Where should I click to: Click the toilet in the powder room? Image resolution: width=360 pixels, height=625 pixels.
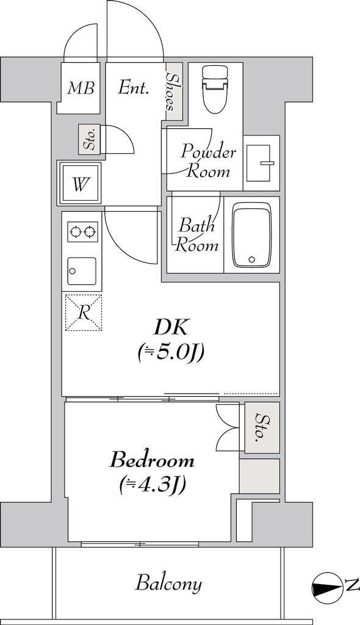(x=215, y=89)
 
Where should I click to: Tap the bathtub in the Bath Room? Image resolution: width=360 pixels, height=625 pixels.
(x=251, y=235)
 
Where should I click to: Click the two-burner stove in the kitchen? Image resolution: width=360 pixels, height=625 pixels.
(x=82, y=231)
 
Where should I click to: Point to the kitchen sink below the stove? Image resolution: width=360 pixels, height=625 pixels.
(x=82, y=271)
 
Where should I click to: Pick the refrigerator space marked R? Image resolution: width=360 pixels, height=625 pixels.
(x=84, y=312)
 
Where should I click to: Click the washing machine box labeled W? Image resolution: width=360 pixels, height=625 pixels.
(x=81, y=183)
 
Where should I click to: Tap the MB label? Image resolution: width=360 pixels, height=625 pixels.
(x=81, y=88)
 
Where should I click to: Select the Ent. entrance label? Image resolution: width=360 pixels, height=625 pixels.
(x=134, y=88)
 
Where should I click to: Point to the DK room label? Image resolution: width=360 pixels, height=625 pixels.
(x=171, y=328)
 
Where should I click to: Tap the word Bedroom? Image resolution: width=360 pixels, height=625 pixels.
(x=153, y=460)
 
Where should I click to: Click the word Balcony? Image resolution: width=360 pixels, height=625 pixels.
(x=168, y=584)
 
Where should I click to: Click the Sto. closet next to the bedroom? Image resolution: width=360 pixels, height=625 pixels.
(x=262, y=428)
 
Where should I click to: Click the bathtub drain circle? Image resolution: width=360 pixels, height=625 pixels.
(x=251, y=259)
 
